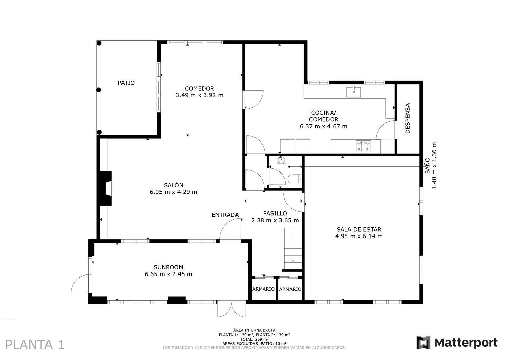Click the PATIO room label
point(126,83)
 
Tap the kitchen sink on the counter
point(354,92)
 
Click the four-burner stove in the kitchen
point(363,146)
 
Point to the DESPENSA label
point(408,118)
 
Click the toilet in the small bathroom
point(294,178)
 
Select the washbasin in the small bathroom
point(281,160)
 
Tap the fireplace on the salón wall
point(105,188)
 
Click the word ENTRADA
point(225,215)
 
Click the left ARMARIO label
point(263,289)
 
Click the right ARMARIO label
point(290,289)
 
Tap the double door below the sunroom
point(231,309)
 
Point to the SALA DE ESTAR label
point(359,233)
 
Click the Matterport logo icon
point(423,342)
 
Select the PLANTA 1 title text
point(35,345)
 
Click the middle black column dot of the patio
point(99,90)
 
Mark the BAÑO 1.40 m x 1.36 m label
point(431,166)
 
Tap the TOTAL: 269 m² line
point(254,339)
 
